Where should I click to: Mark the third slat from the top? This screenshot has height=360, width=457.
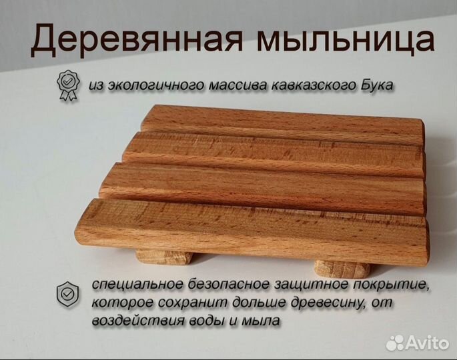point(264,187)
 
